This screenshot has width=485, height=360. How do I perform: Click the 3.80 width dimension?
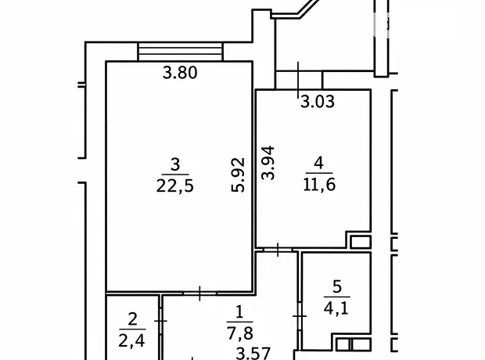pyautogui.click(x=180, y=73)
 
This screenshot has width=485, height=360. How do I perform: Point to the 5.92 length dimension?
pyautogui.click(x=238, y=175)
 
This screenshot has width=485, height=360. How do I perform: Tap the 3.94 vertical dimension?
pyautogui.click(x=268, y=163)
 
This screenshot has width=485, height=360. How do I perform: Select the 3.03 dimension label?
pyautogui.click(x=318, y=102)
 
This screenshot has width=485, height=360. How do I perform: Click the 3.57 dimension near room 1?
pyautogui.click(x=253, y=353)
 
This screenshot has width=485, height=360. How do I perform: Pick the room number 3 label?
pyautogui.click(x=175, y=164)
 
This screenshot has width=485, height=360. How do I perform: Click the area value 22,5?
pyautogui.click(x=175, y=186)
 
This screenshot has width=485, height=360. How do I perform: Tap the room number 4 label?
pyautogui.click(x=319, y=163)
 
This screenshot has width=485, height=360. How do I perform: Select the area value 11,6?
pyautogui.click(x=319, y=185)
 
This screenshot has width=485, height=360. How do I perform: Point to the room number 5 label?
pyautogui.click(x=337, y=286)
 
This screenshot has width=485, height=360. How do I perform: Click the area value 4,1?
pyautogui.click(x=336, y=308)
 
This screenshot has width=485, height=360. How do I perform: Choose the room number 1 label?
pyautogui.click(x=239, y=312)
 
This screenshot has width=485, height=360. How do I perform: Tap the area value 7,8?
pyautogui.click(x=240, y=333)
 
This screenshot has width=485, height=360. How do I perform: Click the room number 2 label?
pyautogui.click(x=132, y=319)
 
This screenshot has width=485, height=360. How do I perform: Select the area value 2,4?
pyautogui.click(x=132, y=340)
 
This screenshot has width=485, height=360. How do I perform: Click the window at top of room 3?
pyautogui.click(x=180, y=52)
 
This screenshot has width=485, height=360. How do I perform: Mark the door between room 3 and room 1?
pyautogui.click(x=199, y=293)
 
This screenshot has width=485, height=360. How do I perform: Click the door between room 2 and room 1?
pyautogui.click(x=160, y=321)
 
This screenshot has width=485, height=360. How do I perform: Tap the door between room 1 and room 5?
pyautogui.click(x=300, y=316)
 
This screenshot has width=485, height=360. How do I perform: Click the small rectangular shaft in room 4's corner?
pyautogui.click(x=361, y=242)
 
